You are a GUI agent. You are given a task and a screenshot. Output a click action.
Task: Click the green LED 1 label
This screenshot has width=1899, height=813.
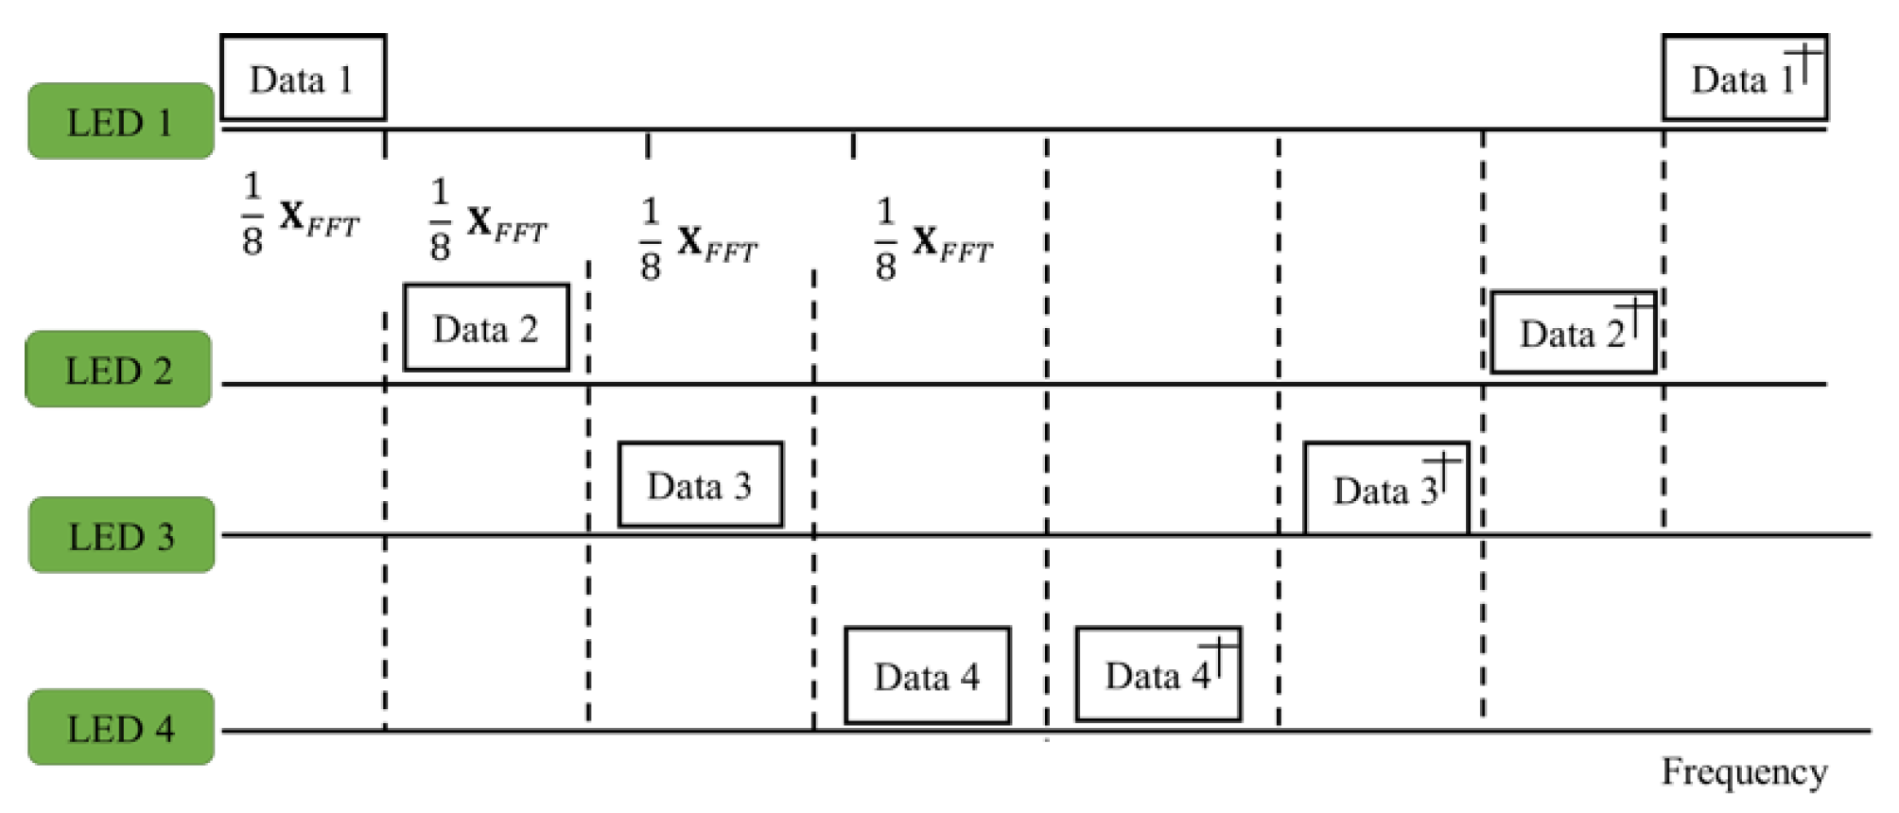pos(121,121)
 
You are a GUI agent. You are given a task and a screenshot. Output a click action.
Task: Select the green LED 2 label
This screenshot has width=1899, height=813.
pos(118,370)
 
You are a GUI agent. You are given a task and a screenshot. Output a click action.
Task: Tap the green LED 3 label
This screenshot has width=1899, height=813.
pos(121,536)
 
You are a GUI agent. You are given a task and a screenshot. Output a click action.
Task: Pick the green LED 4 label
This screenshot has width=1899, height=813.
pos(121,728)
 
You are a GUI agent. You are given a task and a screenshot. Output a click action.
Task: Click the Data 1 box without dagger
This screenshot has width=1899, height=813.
pos(303,78)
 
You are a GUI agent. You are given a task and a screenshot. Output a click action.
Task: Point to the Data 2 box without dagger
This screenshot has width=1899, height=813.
pos(486,328)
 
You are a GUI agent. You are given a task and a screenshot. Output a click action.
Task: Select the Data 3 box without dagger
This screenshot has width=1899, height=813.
pos(700,485)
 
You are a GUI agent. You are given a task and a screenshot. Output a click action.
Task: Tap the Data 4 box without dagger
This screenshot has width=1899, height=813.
pos(927,675)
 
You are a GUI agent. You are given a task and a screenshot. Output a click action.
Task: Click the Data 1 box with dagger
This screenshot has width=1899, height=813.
pos(1745,78)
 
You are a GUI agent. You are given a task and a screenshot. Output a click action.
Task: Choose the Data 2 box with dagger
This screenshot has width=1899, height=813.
pos(1573,333)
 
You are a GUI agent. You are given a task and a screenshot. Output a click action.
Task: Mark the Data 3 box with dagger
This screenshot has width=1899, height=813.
pos(1386,489)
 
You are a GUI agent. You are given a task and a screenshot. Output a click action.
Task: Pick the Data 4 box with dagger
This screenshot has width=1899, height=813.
pos(1159,674)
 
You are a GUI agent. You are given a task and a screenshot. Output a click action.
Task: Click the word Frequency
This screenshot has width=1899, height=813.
pos(1744,771)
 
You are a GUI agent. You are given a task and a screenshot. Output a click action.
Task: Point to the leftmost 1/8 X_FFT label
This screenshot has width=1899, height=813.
pos(300,216)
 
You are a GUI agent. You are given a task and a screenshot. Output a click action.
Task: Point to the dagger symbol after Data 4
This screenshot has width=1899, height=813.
pos(1220,655)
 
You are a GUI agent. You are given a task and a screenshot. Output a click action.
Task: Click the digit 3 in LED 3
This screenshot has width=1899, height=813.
pos(166,537)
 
